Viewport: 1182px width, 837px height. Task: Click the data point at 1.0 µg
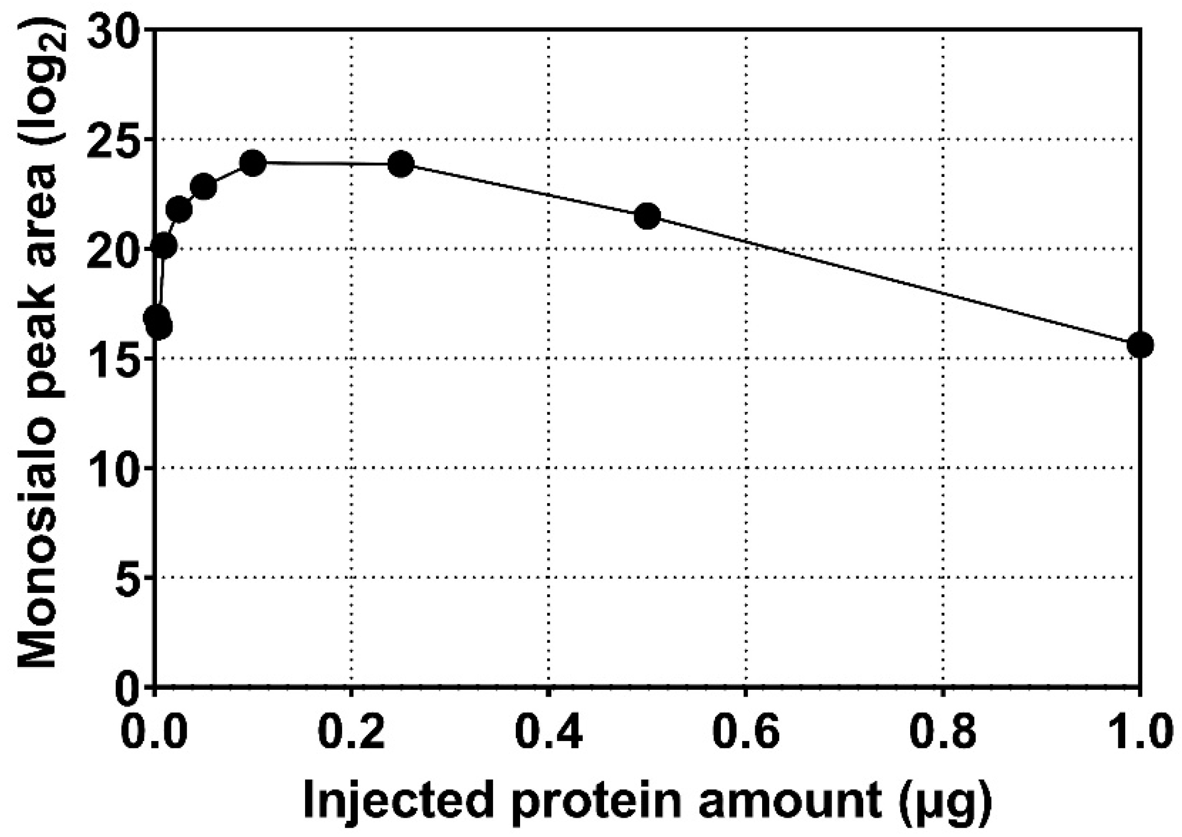click(1140, 345)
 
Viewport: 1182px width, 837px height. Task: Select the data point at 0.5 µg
click(647, 216)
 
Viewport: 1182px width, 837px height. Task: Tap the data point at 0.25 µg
click(401, 164)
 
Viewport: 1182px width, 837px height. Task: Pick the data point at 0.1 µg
click(253, 163)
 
